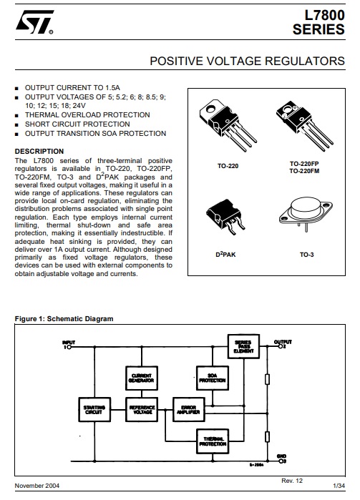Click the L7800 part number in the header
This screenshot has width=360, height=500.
(x=324, y=15)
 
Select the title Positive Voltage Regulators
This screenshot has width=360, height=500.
(x=247, y=62)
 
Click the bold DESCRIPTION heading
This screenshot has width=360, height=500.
(x=39, y=151)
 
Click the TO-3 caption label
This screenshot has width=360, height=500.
(x=306, y=254)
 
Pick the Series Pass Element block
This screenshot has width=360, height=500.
(x=243, y=347)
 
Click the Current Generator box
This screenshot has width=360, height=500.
(x=141, y=378)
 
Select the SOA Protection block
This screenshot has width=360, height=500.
(x=212, y=378)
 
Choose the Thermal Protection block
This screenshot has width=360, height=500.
(x=213, y=441)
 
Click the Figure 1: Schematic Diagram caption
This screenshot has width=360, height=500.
(x=64, y=318)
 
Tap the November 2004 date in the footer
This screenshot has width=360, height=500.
(x=37, y=486)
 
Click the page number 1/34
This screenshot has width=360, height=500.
(x=336, y=486)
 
